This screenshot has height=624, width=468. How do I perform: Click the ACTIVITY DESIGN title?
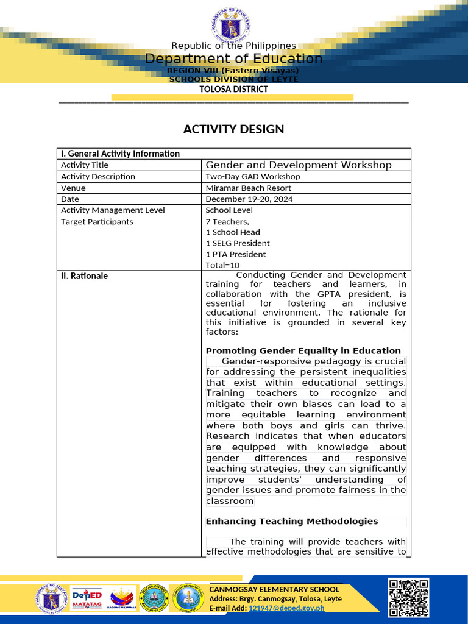233,129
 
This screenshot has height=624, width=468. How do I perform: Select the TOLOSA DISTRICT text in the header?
233,89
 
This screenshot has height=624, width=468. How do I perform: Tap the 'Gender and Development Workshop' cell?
299,165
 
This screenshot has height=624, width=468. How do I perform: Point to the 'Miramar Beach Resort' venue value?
248,188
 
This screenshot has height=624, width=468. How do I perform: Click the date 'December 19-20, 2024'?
249,199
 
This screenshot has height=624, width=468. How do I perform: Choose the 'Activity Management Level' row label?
113,210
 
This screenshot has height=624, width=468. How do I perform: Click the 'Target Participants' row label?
97,222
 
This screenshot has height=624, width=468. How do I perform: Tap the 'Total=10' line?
222,265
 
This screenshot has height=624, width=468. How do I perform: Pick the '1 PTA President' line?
236,254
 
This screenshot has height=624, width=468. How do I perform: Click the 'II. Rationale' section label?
84,276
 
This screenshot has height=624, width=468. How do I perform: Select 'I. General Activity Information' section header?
120,154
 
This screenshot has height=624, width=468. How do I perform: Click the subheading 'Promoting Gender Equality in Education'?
303,350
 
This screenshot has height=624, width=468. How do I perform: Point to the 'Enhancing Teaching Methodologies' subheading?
292,521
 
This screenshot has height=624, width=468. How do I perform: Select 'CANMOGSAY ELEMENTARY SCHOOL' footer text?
274,589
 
